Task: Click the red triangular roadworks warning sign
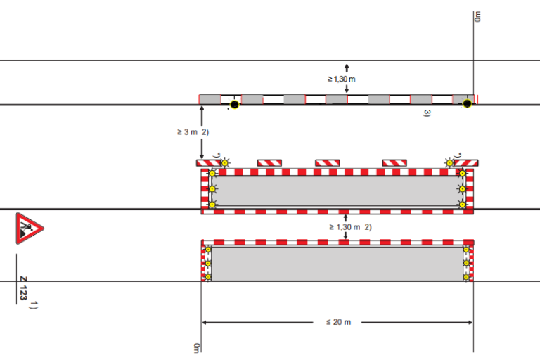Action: coord(29,229)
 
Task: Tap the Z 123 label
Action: coord(23,288)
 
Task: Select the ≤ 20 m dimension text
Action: coord(338,322)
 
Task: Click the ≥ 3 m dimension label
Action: coord(187,132)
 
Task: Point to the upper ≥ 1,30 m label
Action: coord(341,79)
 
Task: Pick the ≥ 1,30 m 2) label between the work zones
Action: coord(350,227)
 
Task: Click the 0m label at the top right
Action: coord(477,16)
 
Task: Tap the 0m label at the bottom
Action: coord(196,348)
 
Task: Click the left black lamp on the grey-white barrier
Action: coord(235,104)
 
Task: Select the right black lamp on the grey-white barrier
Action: coord(467,103)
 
